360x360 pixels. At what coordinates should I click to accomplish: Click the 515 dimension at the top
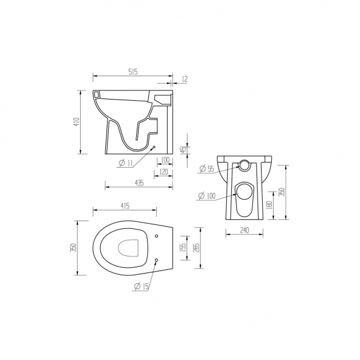click(133, 72)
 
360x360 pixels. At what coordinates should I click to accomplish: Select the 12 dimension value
click(185, 79)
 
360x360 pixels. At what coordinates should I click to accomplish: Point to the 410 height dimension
click(77, 122)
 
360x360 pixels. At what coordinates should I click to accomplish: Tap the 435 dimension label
click(139, 183)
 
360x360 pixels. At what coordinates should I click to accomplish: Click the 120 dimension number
click(164, 172)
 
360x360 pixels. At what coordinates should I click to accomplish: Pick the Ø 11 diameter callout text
click(126, 163)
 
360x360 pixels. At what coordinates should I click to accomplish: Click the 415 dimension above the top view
click(125, 206)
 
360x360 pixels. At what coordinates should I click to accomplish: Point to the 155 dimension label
click(183, 248)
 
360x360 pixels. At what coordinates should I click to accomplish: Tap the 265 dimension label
click(197, 248)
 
